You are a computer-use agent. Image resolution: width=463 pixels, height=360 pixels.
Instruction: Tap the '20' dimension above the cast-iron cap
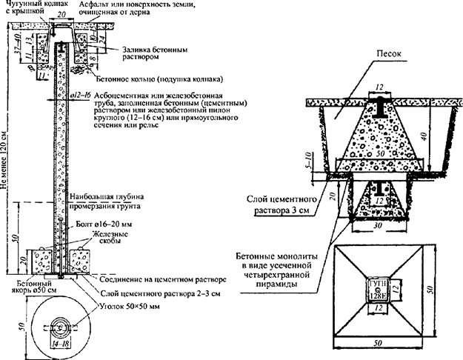pos(60,15)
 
